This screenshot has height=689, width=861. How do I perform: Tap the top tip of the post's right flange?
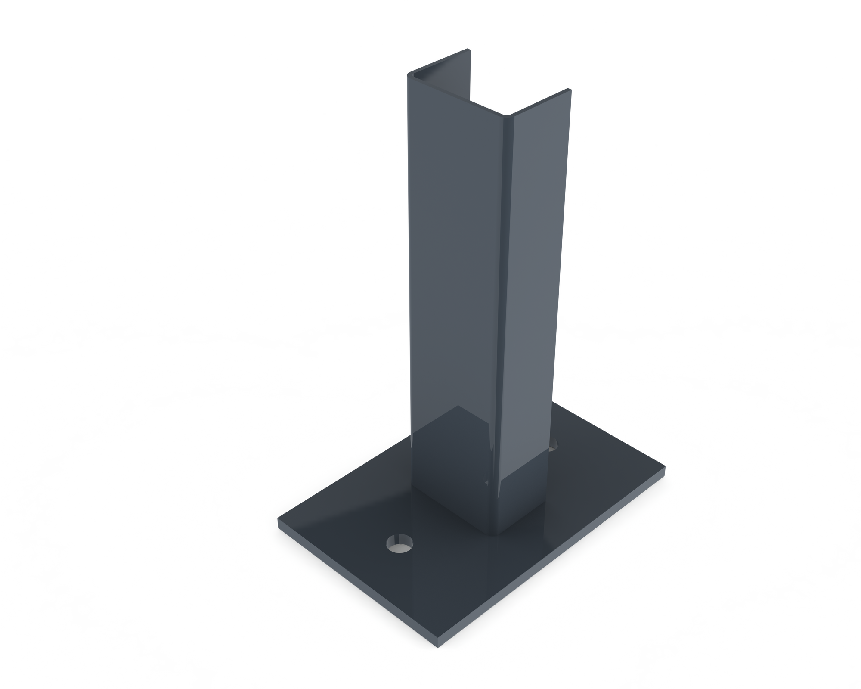tap(570, 90)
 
